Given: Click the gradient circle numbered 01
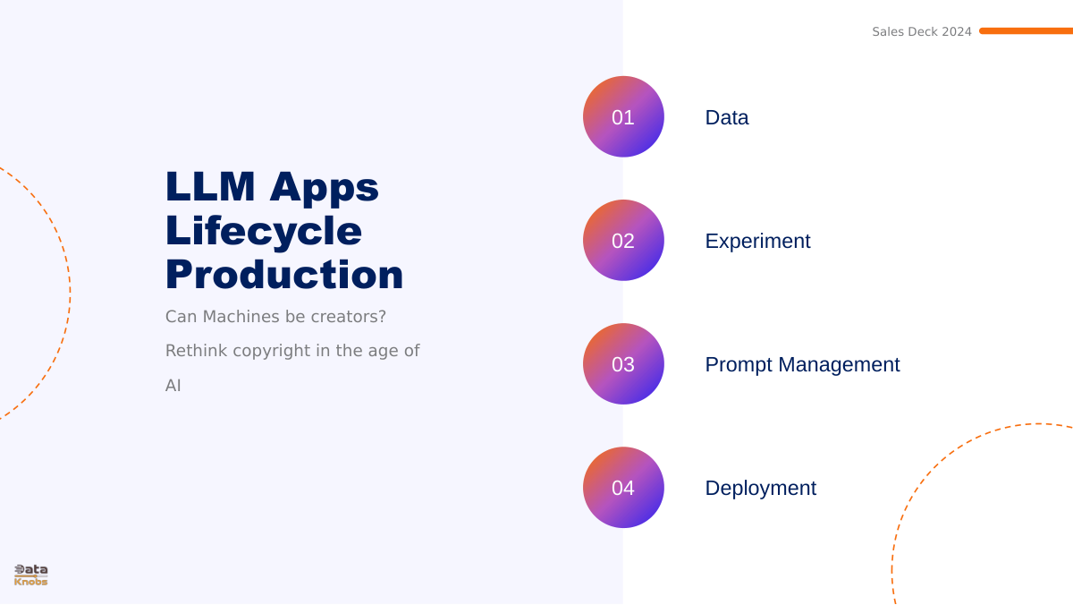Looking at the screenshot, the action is coord(623,116).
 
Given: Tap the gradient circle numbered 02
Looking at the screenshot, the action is coord(623,240).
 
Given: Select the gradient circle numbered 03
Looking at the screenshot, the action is coord(623,364).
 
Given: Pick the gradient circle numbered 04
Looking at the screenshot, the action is coord(623,488).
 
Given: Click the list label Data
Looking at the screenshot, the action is coord(727,117).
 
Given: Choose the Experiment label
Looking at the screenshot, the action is coord(758,241).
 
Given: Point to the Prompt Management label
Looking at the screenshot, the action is coord(802,365).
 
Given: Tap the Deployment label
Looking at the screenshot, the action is coord(761,489).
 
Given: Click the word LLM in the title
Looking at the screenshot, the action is coord(210,186).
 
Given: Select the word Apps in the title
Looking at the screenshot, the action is coord(325,189).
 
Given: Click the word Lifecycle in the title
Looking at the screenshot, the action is coord(264,232).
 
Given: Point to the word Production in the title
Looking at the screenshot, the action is coord(284,275).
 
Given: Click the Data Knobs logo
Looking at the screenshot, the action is coord(31,575).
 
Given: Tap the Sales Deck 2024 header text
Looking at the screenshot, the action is coord(922,31).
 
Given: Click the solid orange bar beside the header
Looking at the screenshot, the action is coord(1027,30).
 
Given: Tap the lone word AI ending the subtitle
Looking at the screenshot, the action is coord(173,386).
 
